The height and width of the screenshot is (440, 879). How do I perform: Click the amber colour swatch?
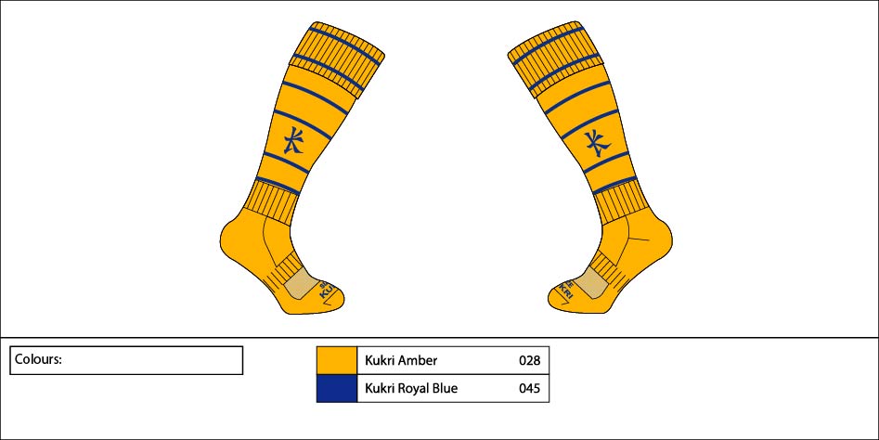[x=336, y=360]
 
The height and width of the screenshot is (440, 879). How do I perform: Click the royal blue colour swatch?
[x=336, y=388]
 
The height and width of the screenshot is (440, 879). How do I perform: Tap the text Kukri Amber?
[x=401, y=360]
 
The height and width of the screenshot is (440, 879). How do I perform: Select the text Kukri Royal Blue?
[x=411, y=388]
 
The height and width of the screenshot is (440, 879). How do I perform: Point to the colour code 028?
[x=530, y=360]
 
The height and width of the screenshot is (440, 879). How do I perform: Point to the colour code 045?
[x=530, y=388]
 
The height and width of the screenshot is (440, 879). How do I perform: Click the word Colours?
[x=38, y=359]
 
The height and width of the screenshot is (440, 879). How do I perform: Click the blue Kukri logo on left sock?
[x=293, y=139]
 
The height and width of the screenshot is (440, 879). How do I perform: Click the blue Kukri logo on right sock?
[x=598, y=143]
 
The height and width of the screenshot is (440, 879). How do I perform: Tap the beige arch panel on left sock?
[x=303, y=282]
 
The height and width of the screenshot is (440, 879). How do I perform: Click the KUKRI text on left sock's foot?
[x=327, y=290]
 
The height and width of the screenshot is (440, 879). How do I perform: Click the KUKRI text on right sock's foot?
[x=564, y=289]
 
